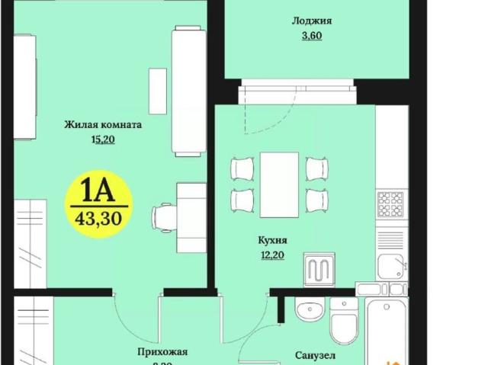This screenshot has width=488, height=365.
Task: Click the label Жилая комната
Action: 104,125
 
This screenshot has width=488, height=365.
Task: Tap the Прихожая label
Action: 162,352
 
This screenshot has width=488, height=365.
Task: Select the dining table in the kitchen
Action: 278,183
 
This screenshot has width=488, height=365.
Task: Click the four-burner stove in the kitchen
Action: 392,203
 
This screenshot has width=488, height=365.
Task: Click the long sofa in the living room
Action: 187,90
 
